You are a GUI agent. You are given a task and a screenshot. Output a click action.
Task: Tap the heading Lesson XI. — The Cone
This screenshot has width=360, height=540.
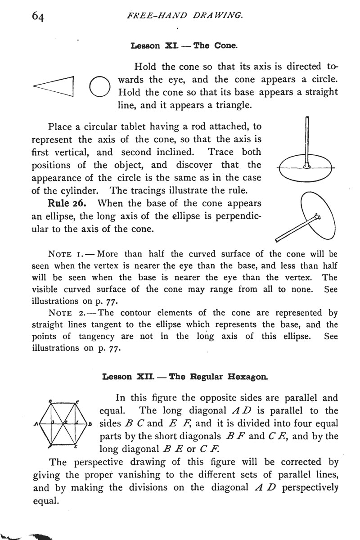click(x=184, y=45)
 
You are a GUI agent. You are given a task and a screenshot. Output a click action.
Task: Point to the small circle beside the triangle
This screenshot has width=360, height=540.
click(x=99, y=86)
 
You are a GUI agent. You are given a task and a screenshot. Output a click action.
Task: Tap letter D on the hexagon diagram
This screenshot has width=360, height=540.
click(x=90, y=424)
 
